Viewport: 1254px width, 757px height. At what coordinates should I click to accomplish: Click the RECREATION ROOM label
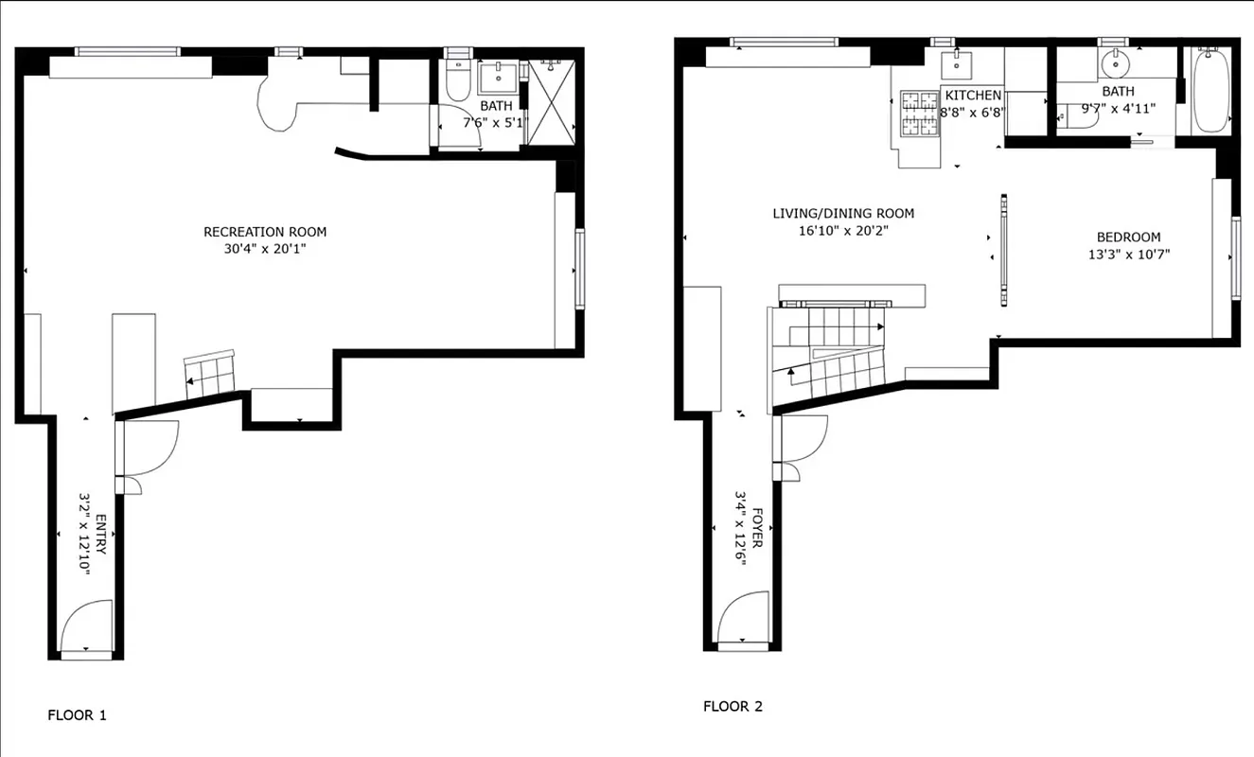265,232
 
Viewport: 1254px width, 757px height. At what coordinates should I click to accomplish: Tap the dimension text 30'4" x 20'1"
265,250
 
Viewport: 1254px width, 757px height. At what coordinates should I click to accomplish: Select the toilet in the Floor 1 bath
456,81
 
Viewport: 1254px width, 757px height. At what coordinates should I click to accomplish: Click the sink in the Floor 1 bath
496,76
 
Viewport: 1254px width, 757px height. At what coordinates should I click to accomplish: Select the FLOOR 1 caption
77,715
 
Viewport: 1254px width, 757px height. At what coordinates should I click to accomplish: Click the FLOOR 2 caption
732,706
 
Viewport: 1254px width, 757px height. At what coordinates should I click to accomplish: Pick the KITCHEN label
973,96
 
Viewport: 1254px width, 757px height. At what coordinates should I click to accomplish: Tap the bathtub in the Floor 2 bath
1210,92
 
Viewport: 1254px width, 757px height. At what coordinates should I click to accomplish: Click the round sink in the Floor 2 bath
1115,65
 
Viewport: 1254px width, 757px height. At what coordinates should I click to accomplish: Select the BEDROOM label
1128,238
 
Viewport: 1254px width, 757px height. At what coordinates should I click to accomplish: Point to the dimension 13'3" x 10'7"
1128,255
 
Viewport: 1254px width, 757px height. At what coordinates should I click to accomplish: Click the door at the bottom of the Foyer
742,619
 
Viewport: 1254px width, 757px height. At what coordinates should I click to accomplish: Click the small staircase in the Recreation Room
209,372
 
